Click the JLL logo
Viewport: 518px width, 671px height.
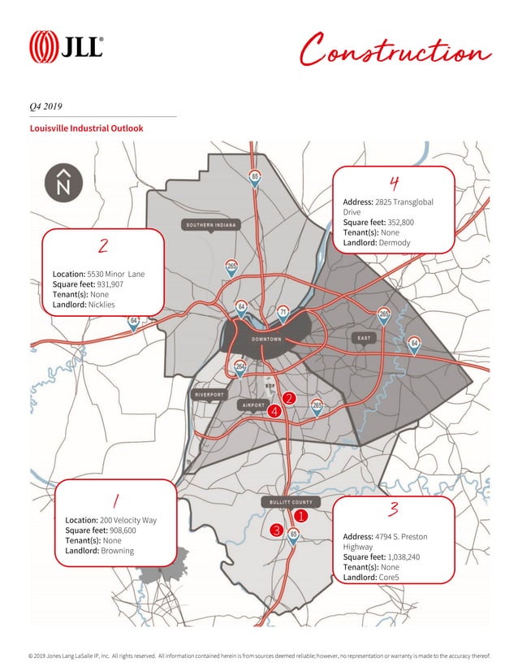click(66, 46)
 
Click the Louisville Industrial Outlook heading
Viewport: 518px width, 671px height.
click(86, 128)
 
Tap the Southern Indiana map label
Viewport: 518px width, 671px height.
click(211, 224)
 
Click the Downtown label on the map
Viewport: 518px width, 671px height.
click(266, 339)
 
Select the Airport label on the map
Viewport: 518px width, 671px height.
click(251, 405)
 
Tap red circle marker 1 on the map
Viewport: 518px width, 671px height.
click(299, 515)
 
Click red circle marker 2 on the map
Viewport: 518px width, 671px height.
click(287, 399)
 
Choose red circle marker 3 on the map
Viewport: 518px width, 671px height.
click(276, 530)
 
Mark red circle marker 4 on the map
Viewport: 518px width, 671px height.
click(274, 412)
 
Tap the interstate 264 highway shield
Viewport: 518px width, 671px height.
click(240, 367)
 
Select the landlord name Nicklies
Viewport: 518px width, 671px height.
click(101, 305)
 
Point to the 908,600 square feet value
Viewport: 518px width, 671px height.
click(119, 530)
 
